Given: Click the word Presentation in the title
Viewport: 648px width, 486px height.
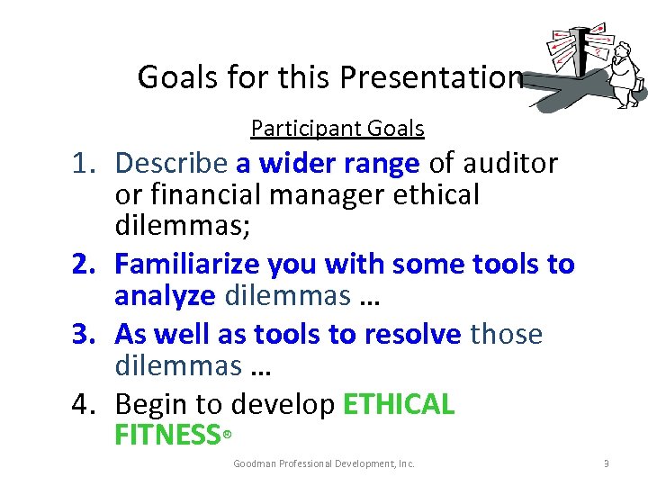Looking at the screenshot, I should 431,78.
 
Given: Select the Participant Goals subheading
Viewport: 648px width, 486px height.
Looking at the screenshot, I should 337,129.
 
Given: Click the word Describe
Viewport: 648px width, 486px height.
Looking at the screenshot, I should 171,164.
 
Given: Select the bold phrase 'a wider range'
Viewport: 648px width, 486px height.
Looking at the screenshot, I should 328,164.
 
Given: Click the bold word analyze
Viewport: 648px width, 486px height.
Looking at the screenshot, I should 165,295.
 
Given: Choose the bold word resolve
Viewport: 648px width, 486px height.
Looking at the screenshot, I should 413,335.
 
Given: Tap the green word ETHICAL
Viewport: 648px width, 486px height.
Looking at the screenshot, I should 400,405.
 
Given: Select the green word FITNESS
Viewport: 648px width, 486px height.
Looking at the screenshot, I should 167,436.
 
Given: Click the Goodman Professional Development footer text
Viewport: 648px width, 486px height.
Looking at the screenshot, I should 324,463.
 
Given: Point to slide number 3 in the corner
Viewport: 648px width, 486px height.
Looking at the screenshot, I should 607,463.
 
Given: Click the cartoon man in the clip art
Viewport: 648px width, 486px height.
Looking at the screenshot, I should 625,72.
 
